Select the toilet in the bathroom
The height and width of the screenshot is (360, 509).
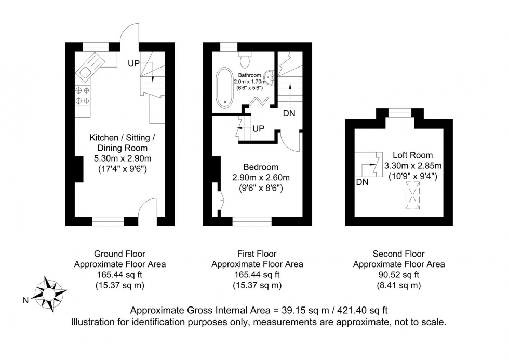coord(245,58)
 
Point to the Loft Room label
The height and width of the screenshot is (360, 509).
coord(413,155)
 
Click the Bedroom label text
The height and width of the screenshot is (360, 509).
coord(261,167)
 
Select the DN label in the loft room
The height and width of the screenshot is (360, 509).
coord(362,182)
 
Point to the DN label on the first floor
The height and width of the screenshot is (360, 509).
coord(290,113)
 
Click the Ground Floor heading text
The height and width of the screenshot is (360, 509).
coord(119,254)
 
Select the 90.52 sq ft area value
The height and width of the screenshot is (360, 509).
coord(398,275)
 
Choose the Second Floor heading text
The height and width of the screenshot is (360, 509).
coord(398,254)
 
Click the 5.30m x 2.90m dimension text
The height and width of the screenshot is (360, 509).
coord(119,158)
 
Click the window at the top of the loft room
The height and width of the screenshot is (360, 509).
coord(399,112)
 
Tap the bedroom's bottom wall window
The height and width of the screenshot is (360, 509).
coord(252,222)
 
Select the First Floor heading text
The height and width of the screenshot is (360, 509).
coord(257,254)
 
